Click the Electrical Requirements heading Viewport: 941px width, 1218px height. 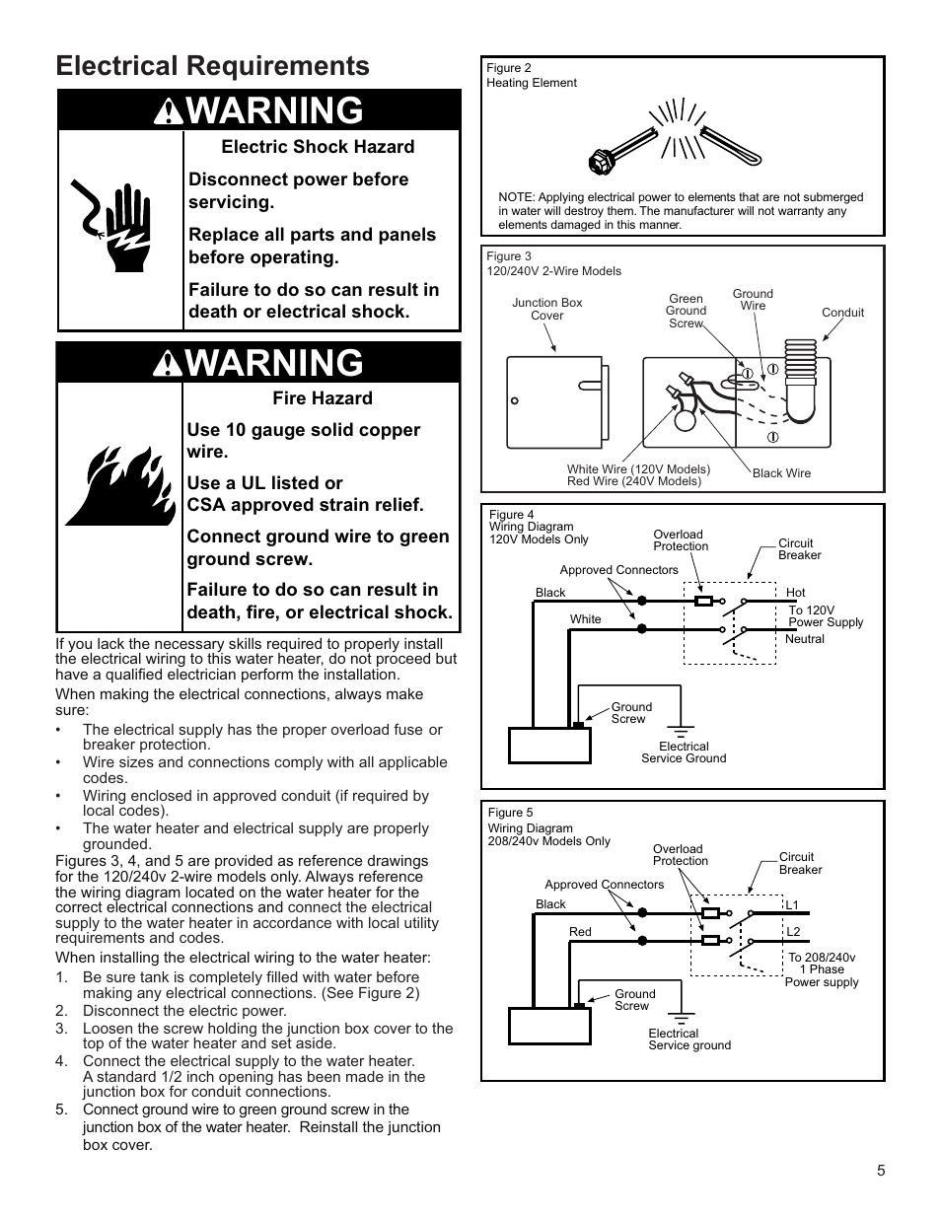point(213,66)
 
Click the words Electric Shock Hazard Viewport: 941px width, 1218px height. point(318,147)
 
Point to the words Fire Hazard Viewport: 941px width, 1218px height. point(323,398)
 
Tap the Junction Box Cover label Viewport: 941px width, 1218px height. point(546,310)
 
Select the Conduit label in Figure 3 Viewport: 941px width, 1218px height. point(842,313)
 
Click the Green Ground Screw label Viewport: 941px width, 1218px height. point(686,311)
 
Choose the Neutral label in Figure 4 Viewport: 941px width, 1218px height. point(805,639)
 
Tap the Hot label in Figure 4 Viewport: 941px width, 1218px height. point(795,593)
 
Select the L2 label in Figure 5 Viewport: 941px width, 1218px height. point(793,932)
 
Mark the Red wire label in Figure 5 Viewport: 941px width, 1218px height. point(580,932)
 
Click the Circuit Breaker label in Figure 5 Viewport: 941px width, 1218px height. point(800,863)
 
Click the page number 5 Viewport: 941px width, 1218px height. point(881,1171)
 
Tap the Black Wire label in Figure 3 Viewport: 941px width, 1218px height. point(781,473)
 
